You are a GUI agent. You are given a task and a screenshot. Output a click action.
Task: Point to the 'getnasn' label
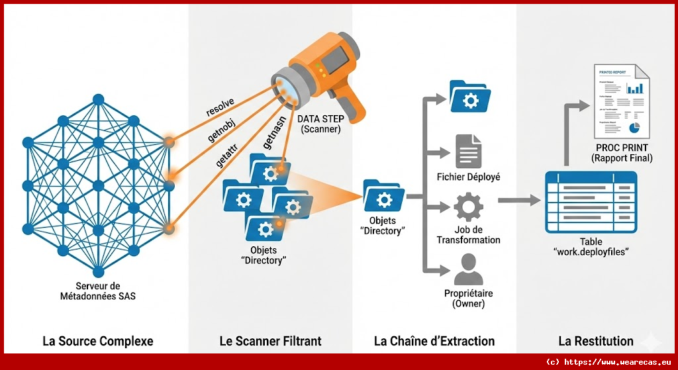point(273,139)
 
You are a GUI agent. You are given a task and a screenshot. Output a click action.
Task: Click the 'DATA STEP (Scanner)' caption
point(320,124)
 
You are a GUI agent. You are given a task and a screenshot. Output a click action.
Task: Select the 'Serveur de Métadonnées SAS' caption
point(97,291)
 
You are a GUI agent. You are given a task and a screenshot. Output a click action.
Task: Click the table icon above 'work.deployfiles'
point(591,201)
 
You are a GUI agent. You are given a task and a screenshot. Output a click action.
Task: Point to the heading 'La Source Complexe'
point(98,342)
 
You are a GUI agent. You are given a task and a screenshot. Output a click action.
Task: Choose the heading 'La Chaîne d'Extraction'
point(434,342)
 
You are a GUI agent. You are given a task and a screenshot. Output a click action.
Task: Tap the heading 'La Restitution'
point(596,342)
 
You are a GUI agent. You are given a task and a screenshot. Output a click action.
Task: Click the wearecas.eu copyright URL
point(610,363)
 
